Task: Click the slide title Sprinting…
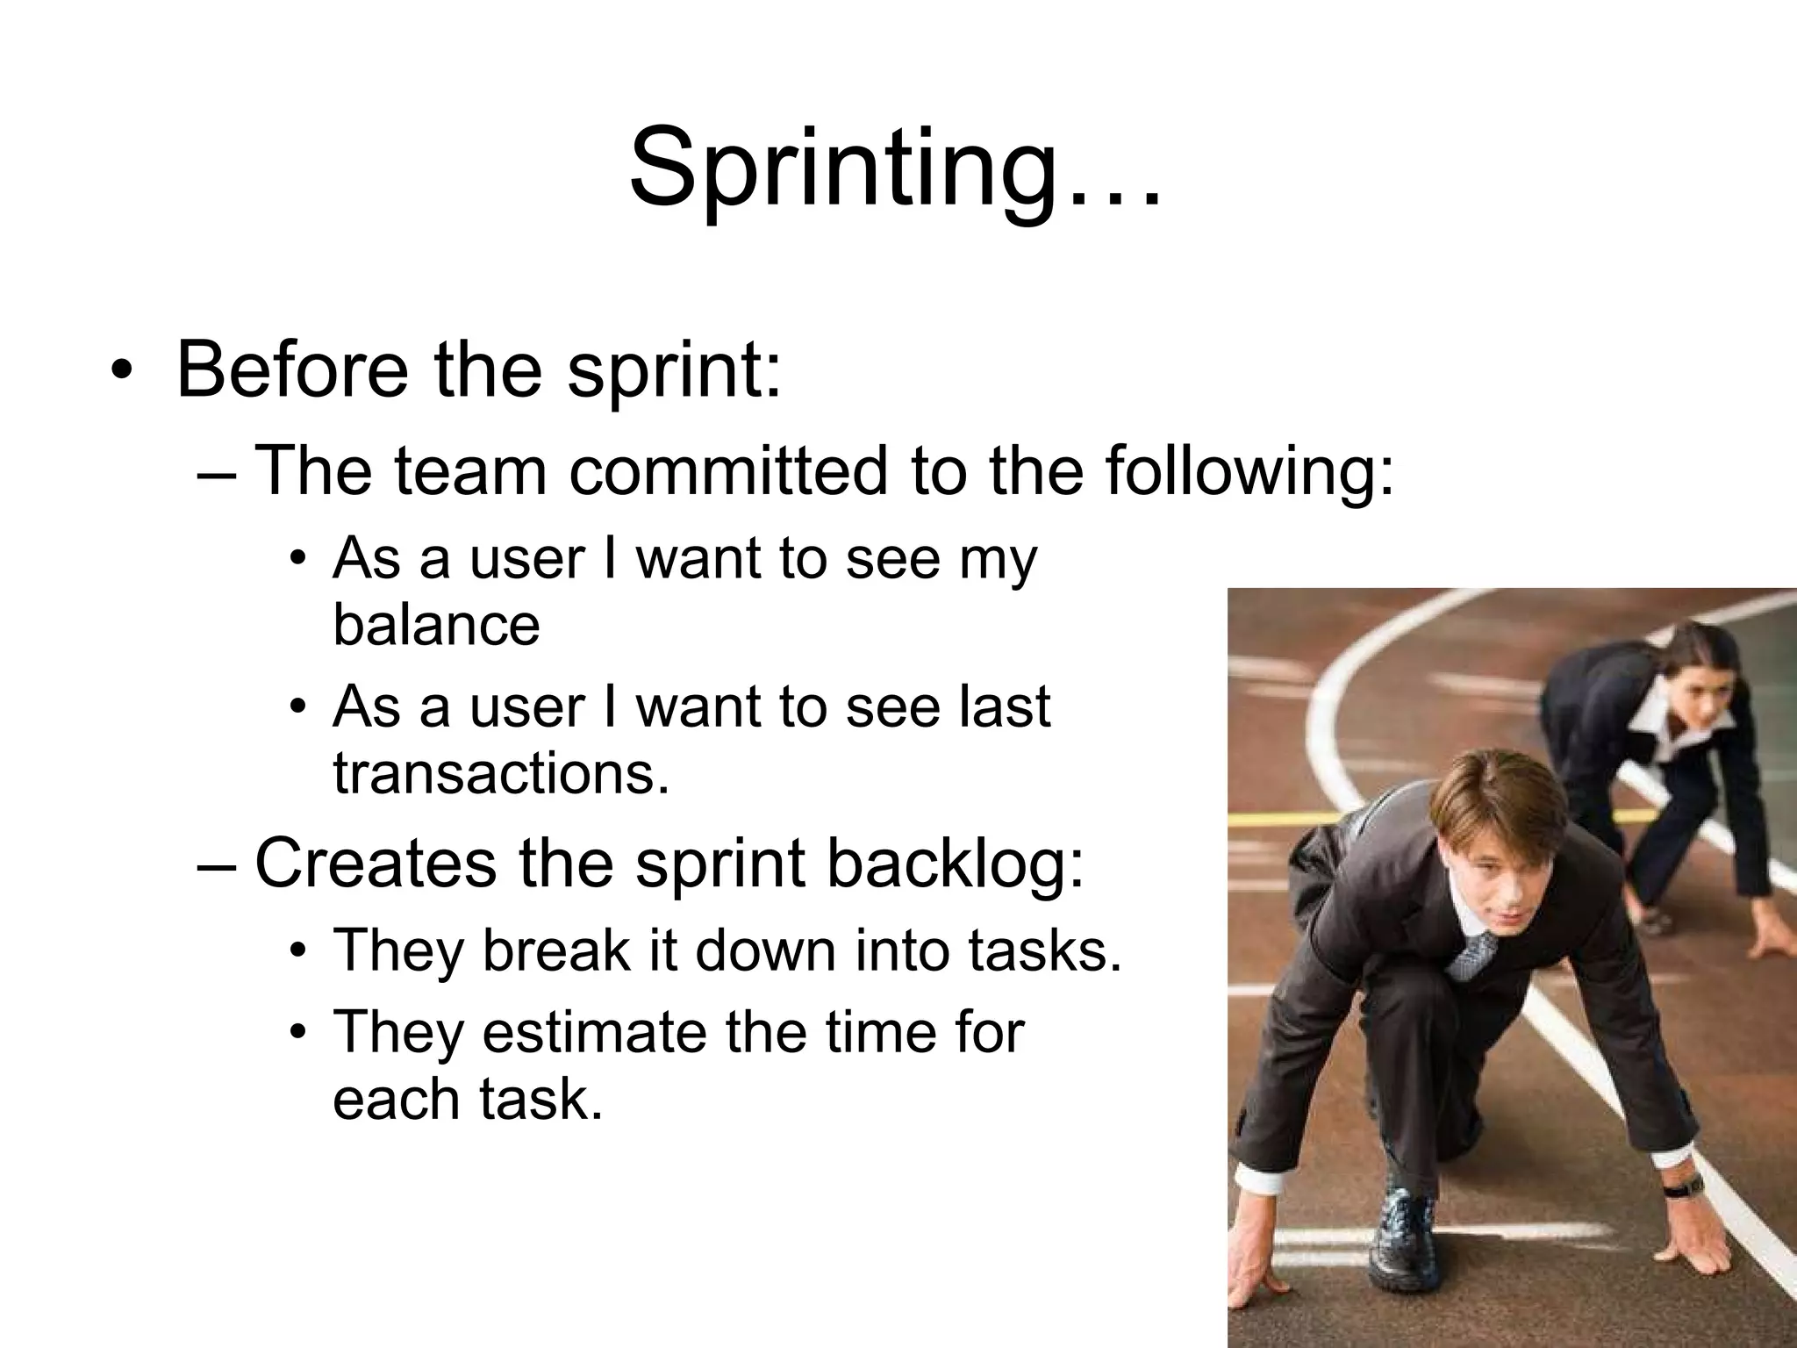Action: [895, 168]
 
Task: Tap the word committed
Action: [728, 470]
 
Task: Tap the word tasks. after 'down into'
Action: [1045, 950]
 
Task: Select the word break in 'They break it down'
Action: [556, 950]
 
